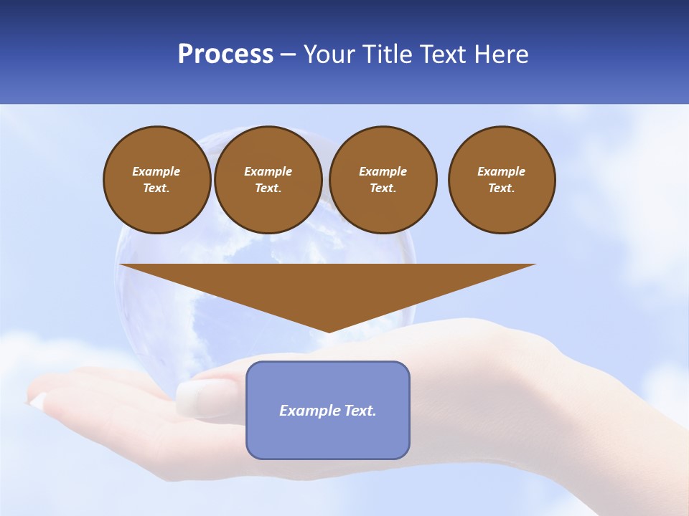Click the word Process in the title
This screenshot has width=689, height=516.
point(225,54)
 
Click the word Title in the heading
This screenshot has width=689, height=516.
point(388,54)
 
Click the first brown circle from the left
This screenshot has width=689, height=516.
point(156,180)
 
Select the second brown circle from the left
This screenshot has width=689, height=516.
point(268,180)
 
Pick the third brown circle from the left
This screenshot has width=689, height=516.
point(383,180)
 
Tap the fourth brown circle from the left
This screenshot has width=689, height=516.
point(502,180)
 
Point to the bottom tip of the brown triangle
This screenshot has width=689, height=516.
point(329,332)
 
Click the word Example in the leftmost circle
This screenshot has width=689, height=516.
point(156,171)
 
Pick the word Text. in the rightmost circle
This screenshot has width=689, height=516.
point(502,188)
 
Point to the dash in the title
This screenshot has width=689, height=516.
point(288,54)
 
